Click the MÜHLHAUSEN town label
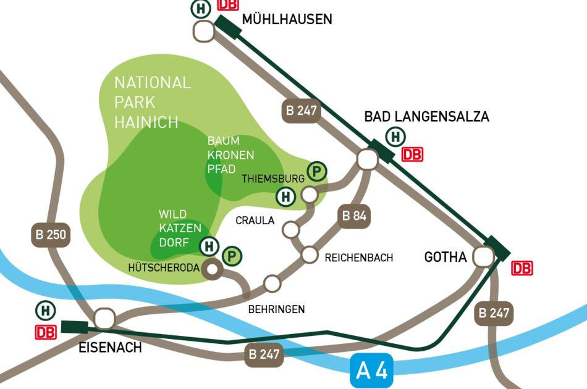[x=287, y=19]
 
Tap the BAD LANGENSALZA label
[x=426, y=116]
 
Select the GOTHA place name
[x=445, y=257]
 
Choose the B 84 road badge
[x=355, y=215]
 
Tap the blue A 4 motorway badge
[x=372, y=371]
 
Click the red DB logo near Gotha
[x=522, y=269]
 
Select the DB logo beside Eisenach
[x=44, y=332]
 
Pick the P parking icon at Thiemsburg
[x=317, y=171]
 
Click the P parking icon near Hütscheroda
[x=232, y=255]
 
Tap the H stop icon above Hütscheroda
[x=209, y=246]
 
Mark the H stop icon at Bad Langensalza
[x=395, y=136]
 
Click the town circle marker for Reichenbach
[x=309, y=254]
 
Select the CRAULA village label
[x=255, y=220]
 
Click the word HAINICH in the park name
[x=146, y=122]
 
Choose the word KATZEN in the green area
[x=180, y=228]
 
